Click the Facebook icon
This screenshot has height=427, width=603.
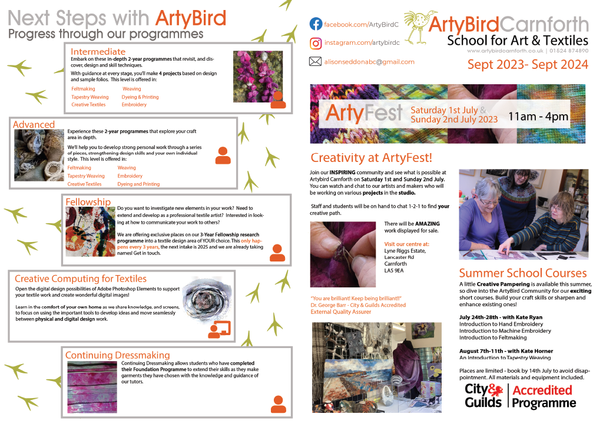[316, 24]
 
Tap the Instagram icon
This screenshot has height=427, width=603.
[316, 43]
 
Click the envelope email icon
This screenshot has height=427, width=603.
[316, 61]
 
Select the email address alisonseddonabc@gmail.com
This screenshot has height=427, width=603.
[369, 62]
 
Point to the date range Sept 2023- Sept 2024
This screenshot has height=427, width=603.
[528, 65]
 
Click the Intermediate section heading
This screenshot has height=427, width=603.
[98, 51]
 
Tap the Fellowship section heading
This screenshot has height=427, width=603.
[88, 202]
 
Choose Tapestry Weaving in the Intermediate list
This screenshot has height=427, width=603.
[90, 97]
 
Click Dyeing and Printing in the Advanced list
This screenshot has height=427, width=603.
[138, 184]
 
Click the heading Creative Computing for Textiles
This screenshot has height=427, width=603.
[81, 279]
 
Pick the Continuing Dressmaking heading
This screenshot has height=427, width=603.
[117, 355]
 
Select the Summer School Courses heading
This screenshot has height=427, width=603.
[523, 273]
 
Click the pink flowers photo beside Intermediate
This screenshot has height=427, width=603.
[258, 75]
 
